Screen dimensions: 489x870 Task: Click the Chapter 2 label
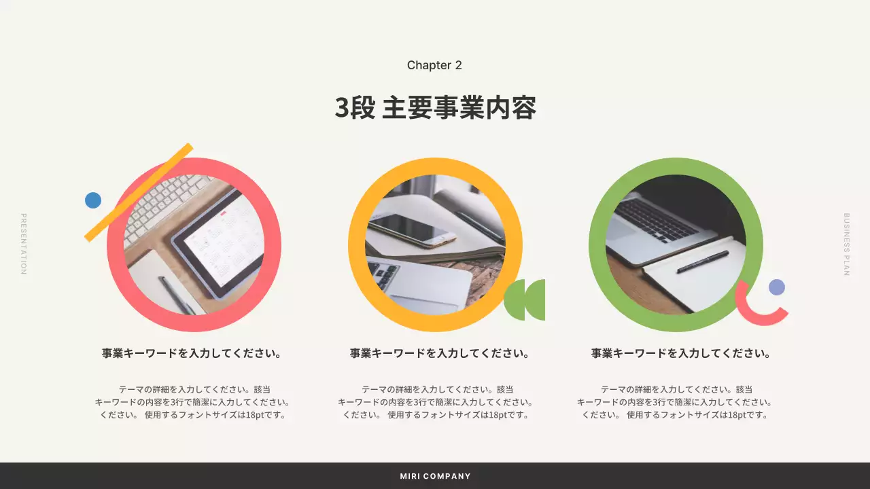(434, 65)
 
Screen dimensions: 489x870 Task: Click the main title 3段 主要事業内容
(435, 108)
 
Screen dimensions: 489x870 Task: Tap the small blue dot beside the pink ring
(93, 200)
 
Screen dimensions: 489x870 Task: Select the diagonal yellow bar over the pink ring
(139, 192)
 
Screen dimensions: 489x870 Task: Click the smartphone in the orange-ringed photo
(412, 230)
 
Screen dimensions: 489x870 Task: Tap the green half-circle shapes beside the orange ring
(525, 300)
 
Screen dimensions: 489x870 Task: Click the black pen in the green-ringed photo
(702, 261)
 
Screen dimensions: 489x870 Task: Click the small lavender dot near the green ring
(777, 287)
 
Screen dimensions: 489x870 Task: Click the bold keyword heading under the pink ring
(192, 353)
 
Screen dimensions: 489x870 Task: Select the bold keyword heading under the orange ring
(439, 353)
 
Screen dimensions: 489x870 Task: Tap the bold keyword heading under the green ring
(680, 353)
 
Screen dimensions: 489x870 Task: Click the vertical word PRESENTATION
(23, 244)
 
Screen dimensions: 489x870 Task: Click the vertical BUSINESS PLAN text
(846, 244)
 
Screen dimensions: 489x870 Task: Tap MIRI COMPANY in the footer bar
(435, 476)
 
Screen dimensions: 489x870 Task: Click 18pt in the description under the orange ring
(498, 414)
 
